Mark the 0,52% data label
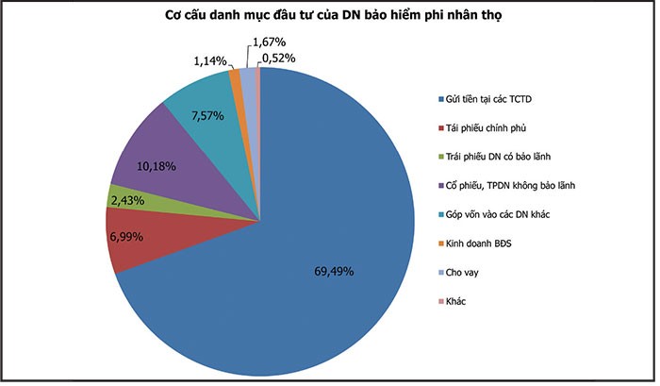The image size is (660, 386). click(283, 59)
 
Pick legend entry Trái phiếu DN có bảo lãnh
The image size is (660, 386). click(504, 157)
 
